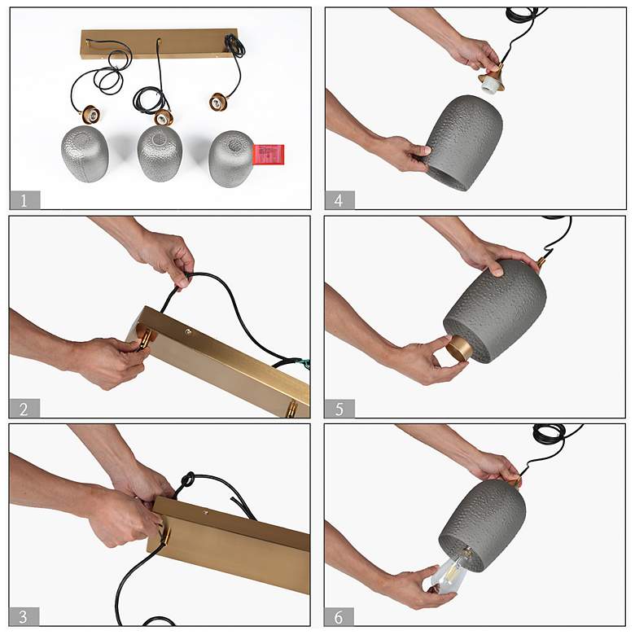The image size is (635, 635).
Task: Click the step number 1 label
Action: [x=24, y=200]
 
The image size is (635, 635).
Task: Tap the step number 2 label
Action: [x=24, y=409]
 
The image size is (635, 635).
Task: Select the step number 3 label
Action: [x=24, y=616]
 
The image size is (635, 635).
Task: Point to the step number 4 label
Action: [x=339, y=200]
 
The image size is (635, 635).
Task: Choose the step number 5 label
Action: [x=339, y=409]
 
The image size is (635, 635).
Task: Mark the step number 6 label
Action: [x=339, y=617]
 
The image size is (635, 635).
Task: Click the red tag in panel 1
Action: [x=269, y=155]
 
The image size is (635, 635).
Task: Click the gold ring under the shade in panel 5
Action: [x=458, y=352]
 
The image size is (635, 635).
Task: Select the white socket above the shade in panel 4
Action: [x=490, y=86]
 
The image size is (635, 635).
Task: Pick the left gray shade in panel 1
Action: [x=85, y=154]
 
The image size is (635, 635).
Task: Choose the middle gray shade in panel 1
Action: [x=160, y=154]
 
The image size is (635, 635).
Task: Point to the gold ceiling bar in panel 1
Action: [x=159, y=44]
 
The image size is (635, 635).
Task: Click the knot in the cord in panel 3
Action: [x=187, y=482]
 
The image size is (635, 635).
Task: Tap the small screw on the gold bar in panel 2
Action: [x=188, y=332]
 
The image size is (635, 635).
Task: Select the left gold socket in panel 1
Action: [x=90, y=115]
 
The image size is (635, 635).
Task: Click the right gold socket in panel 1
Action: [x=219, y=102]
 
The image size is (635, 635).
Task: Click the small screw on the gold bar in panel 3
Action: [x=206, y=512]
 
